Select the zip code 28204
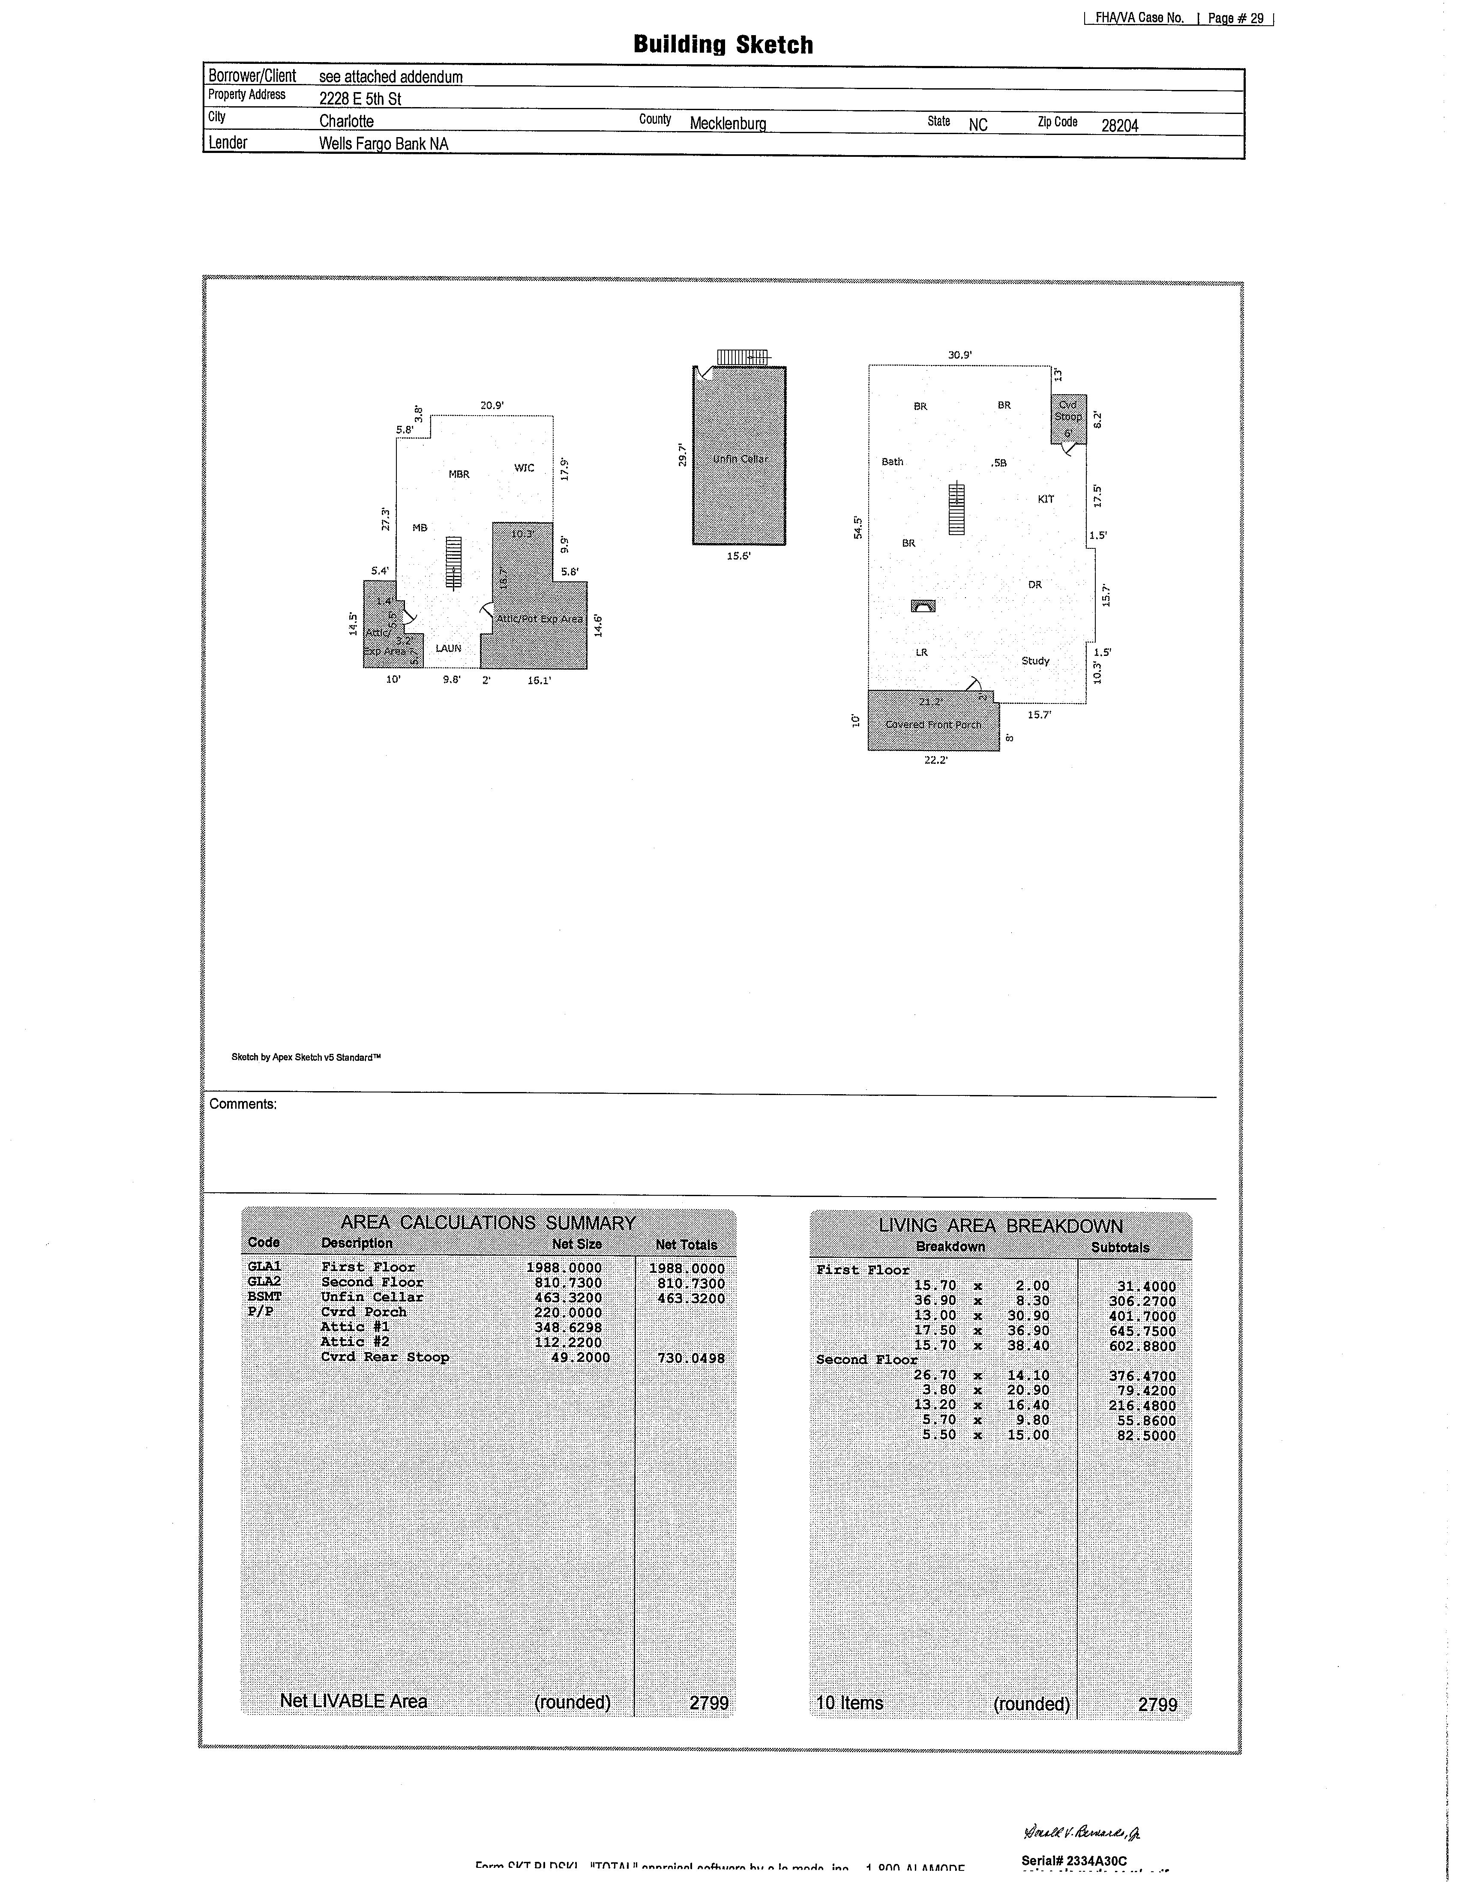click(x=1119, y=125)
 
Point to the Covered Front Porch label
click(x=933, y=724)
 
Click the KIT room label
click(x=1045, y=499)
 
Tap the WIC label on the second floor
click(x=524, y=468)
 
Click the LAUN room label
click(x=448, y=648)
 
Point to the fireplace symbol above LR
click(x=922, y=606)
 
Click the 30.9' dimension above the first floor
click(x=960, y=355)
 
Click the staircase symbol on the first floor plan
click(x=956, y=509)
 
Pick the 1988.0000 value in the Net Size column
click(x=564, y=1267)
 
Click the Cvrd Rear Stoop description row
click(x=385, y=1357)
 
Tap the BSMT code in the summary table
click(x=264, y=1296)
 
